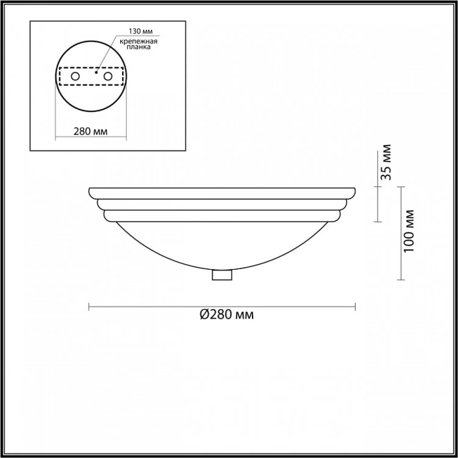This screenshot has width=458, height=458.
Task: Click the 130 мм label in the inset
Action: click(140, 31)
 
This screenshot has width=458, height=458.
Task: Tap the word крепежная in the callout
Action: click(138, 42)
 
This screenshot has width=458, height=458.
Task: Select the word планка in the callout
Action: click(139, 47)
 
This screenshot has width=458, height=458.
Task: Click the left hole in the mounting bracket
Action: click(75, 76)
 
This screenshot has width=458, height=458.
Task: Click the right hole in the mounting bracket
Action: click(108, 76)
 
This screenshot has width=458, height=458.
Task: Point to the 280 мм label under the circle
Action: click(90, 131)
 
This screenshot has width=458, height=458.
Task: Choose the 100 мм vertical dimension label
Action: click(409, 231)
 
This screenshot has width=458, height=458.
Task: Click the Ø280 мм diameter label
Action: click(227, 314)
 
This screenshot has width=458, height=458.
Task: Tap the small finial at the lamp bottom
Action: click(222, 275)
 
